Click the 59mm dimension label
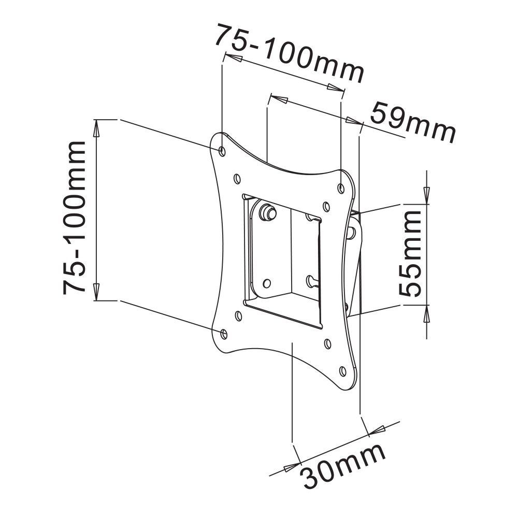click(x=413, y=123)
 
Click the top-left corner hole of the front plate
click(x=222, y=150)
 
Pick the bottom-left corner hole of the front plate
click(x=223, y=333)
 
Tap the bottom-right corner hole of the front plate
click(x=342, y=371)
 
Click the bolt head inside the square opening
click(x=268, y=211)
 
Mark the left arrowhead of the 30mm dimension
click(x=290, y=467)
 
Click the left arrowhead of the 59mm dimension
click(x=280, y=99)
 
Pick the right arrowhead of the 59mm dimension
click(x=352, y=121)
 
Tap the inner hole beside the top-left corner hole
click(x=237, y=178)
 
